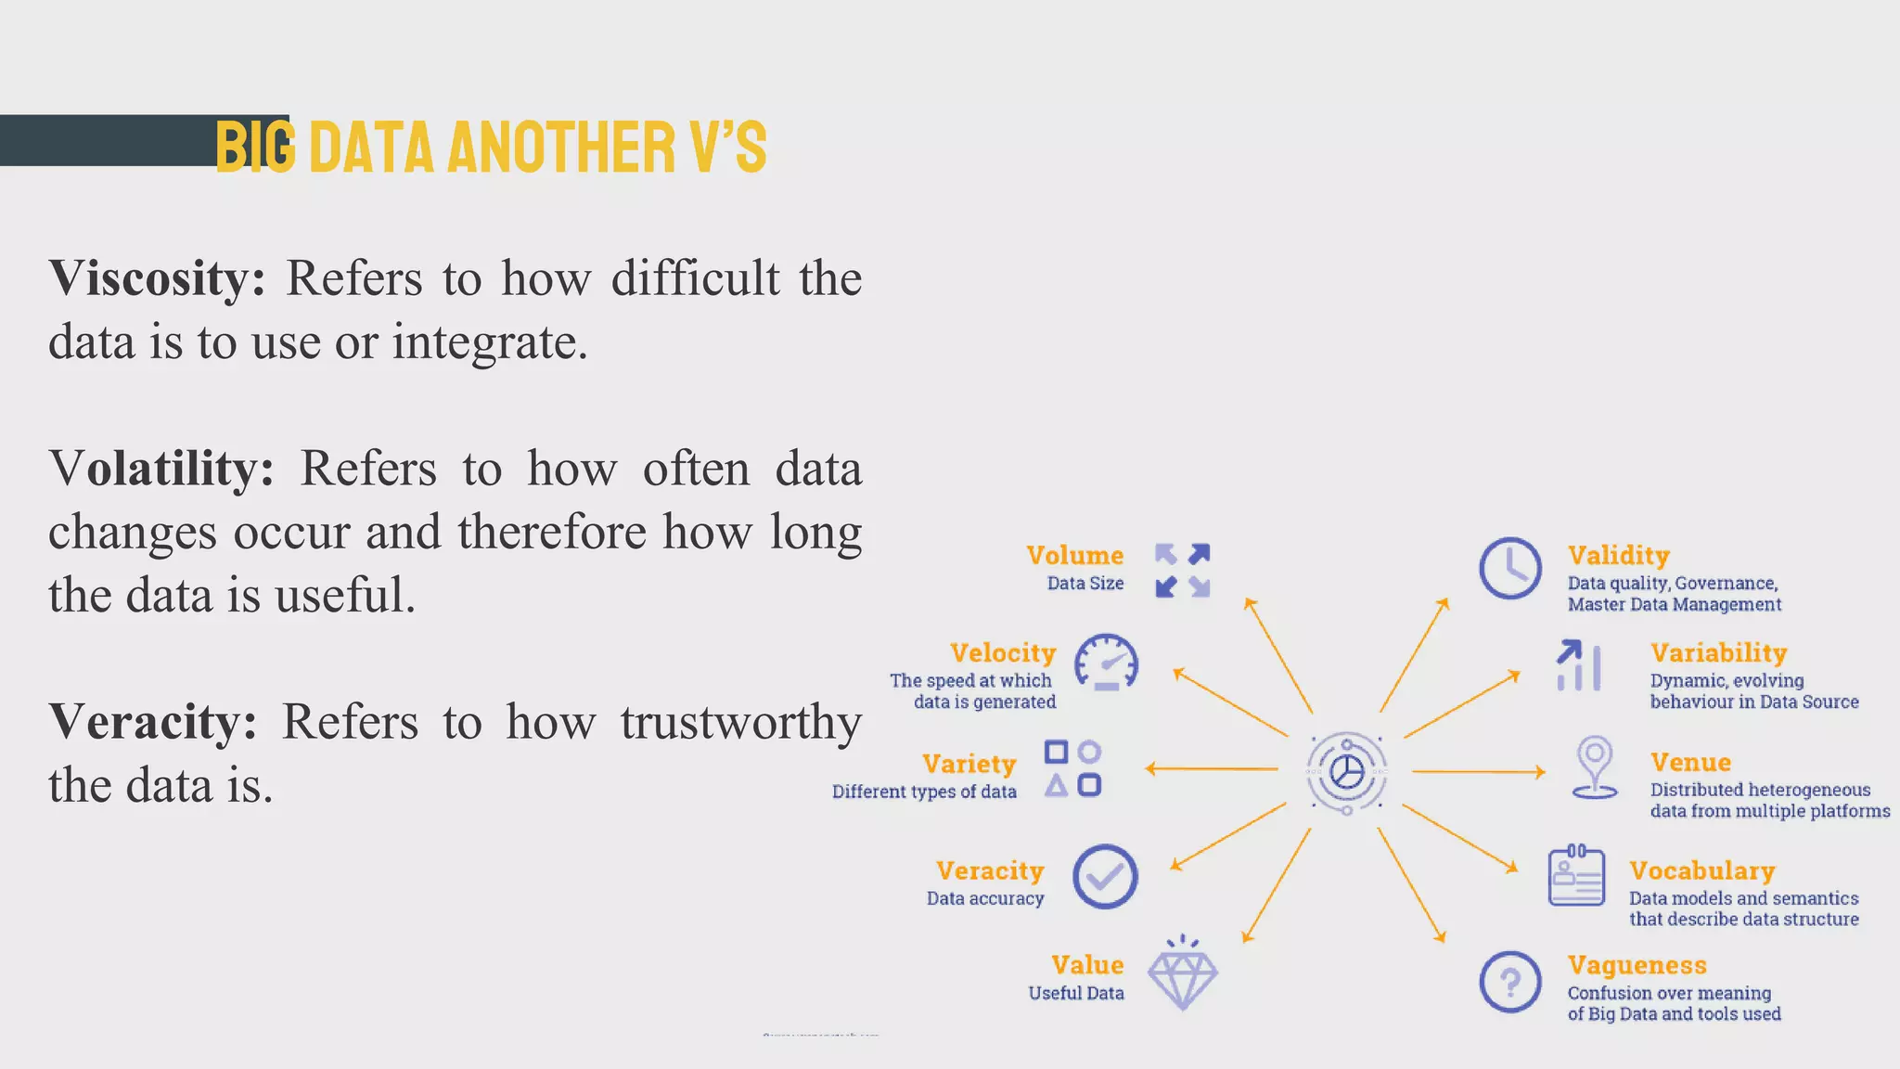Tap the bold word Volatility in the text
[x=161, y=469]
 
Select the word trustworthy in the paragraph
[x=740, y=722]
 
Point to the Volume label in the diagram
[x=1074, y=555]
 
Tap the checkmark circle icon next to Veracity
[x=1105, y=877]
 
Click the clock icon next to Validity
[x=1510, y=568]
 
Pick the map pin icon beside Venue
[x=1595, y=766]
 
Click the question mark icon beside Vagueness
[x=1510, y=982]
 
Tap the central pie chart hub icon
[x=1346, y=771]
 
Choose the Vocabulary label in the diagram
[x=1701, y=870]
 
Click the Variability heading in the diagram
[x=1718, y=652]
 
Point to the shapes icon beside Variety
[x=1072, y=768]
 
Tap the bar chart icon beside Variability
[x=1578, y=665]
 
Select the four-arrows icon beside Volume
[x=1182, y=570]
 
